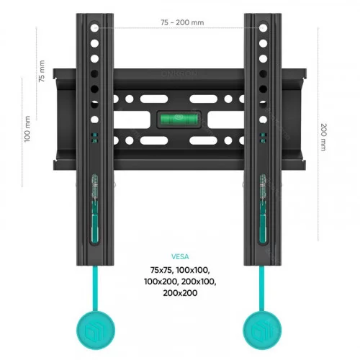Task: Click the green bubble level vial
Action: [x=179, y=120]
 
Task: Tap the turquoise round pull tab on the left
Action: [x=96, y=330]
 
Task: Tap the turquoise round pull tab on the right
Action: [x=262, y=330]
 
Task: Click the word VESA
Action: [x=180, y=257]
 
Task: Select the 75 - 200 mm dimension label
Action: [x=182, y=22]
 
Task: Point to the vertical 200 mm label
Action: [x=324, y=137]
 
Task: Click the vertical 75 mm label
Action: [x=42, y=71]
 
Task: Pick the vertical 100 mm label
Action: [x=27, y=129]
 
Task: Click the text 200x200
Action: [x=180, y=293]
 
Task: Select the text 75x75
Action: [x=161, y=270]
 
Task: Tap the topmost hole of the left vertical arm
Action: [x=94, y=28]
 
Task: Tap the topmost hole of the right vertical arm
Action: [x=263, y=28]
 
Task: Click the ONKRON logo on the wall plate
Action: [x=179, y=73]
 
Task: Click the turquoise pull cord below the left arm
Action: [x=95, y=289]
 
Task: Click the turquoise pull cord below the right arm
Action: [x=261, y=289]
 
